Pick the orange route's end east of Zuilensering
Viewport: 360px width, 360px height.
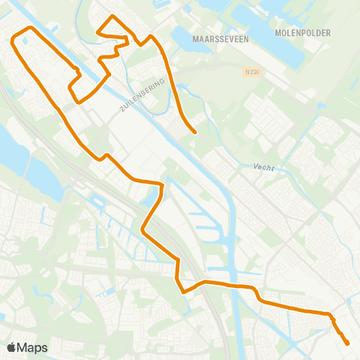(195, 133)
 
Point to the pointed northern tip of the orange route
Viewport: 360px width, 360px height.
(112, 16)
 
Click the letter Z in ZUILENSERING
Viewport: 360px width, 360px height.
(121, 111)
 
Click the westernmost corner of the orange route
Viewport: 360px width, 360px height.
(12, 41)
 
